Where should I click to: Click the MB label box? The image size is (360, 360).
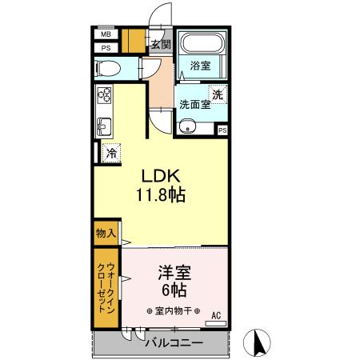(106, 34)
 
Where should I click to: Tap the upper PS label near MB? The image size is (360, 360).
(106, 48)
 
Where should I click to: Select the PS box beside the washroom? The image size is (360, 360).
(222, 130)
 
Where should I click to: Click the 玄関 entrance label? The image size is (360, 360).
(161, 44)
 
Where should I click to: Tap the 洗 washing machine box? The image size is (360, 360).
(218, 94)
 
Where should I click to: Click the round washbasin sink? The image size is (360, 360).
(186, 125)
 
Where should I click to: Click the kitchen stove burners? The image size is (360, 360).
(105, 97)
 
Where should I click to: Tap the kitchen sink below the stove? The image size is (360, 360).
(104, 126)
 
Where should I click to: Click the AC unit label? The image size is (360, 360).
(214, 315)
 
